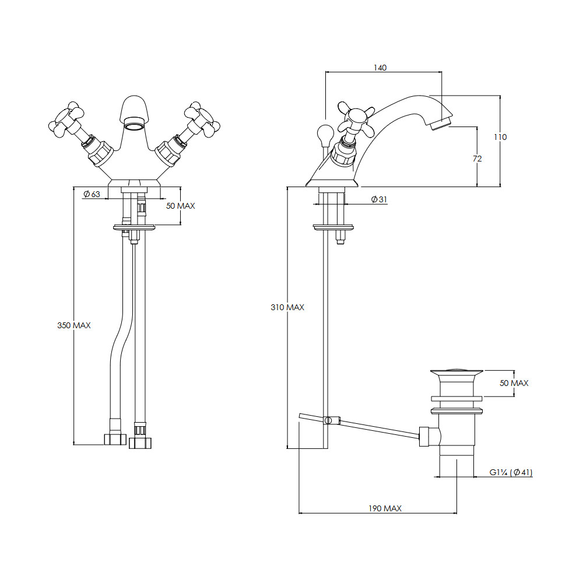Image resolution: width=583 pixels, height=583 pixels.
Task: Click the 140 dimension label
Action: tap(380, 68)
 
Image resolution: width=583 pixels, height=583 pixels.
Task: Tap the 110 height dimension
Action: tap(500, 137)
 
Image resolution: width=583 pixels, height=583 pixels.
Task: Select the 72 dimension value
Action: tap(477, 159)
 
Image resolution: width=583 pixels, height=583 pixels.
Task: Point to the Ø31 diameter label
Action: tap(380, 199)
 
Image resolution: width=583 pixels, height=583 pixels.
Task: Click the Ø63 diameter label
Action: tap(92, 194)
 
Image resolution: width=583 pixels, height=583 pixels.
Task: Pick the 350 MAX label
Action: tap(74, 325)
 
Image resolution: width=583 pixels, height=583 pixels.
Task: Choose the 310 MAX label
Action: tap(287, 307)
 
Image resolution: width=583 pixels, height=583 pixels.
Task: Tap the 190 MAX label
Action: tap(385, 508)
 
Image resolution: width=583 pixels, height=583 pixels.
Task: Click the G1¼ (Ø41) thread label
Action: tap(511, 473)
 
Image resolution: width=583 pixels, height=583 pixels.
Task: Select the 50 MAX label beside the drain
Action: tap(514, 383)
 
